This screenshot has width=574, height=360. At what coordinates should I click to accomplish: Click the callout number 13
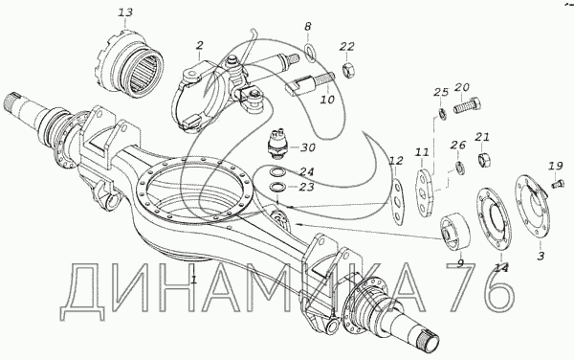tap(125, 12)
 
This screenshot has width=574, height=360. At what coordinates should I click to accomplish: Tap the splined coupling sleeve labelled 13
tap(130, 66)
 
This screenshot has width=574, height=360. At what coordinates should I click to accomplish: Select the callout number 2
tap(200, 45)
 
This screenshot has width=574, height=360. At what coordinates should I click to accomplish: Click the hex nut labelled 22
tap(347, 70)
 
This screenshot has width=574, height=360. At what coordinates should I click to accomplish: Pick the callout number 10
tap(327, 99)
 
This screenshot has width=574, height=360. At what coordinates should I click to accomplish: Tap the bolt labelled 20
tap(467, 105)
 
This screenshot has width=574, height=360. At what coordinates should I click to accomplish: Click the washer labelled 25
tap(442, 114)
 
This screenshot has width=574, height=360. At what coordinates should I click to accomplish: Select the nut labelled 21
tap(484, 159)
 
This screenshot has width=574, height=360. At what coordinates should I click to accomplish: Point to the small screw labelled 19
tap(556, 182)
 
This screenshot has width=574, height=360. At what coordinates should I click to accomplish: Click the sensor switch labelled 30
tap(278, 145)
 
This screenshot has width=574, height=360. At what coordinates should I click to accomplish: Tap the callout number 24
tap(307, 171)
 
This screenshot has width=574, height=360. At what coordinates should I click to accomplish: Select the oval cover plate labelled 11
tap(424, 192)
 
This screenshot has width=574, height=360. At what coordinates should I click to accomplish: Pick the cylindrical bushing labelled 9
tap(454, 232)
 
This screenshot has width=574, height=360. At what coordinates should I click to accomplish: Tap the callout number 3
tap(541, 256)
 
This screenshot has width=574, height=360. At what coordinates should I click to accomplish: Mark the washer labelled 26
tap(460, 168)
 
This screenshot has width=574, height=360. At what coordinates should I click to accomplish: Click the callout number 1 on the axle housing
tap(194, 280)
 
